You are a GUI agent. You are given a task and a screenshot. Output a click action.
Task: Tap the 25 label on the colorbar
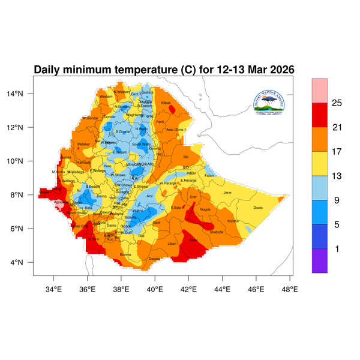click(x=337, y=103)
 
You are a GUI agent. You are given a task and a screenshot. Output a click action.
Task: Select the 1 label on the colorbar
click(x=337, y=248)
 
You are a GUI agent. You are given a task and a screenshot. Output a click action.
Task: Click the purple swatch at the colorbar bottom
click(x=319, y=261)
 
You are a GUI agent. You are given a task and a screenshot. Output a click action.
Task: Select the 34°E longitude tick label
click(x=54, y=290)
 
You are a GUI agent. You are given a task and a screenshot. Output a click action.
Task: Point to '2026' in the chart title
click(x=280, y=70)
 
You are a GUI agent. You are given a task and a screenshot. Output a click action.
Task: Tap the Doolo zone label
click(x=258, y=208)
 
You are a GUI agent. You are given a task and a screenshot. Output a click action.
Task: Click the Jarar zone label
click(x=227, y=193)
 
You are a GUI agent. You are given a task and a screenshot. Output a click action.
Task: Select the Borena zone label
click(x=126, y=254)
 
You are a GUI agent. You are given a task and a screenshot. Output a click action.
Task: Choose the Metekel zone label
click(x=83, y=144)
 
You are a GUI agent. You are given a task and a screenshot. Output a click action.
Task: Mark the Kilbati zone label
click(x=166, y=103)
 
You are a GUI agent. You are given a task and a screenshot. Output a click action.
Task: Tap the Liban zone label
click(x=172, y=244)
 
